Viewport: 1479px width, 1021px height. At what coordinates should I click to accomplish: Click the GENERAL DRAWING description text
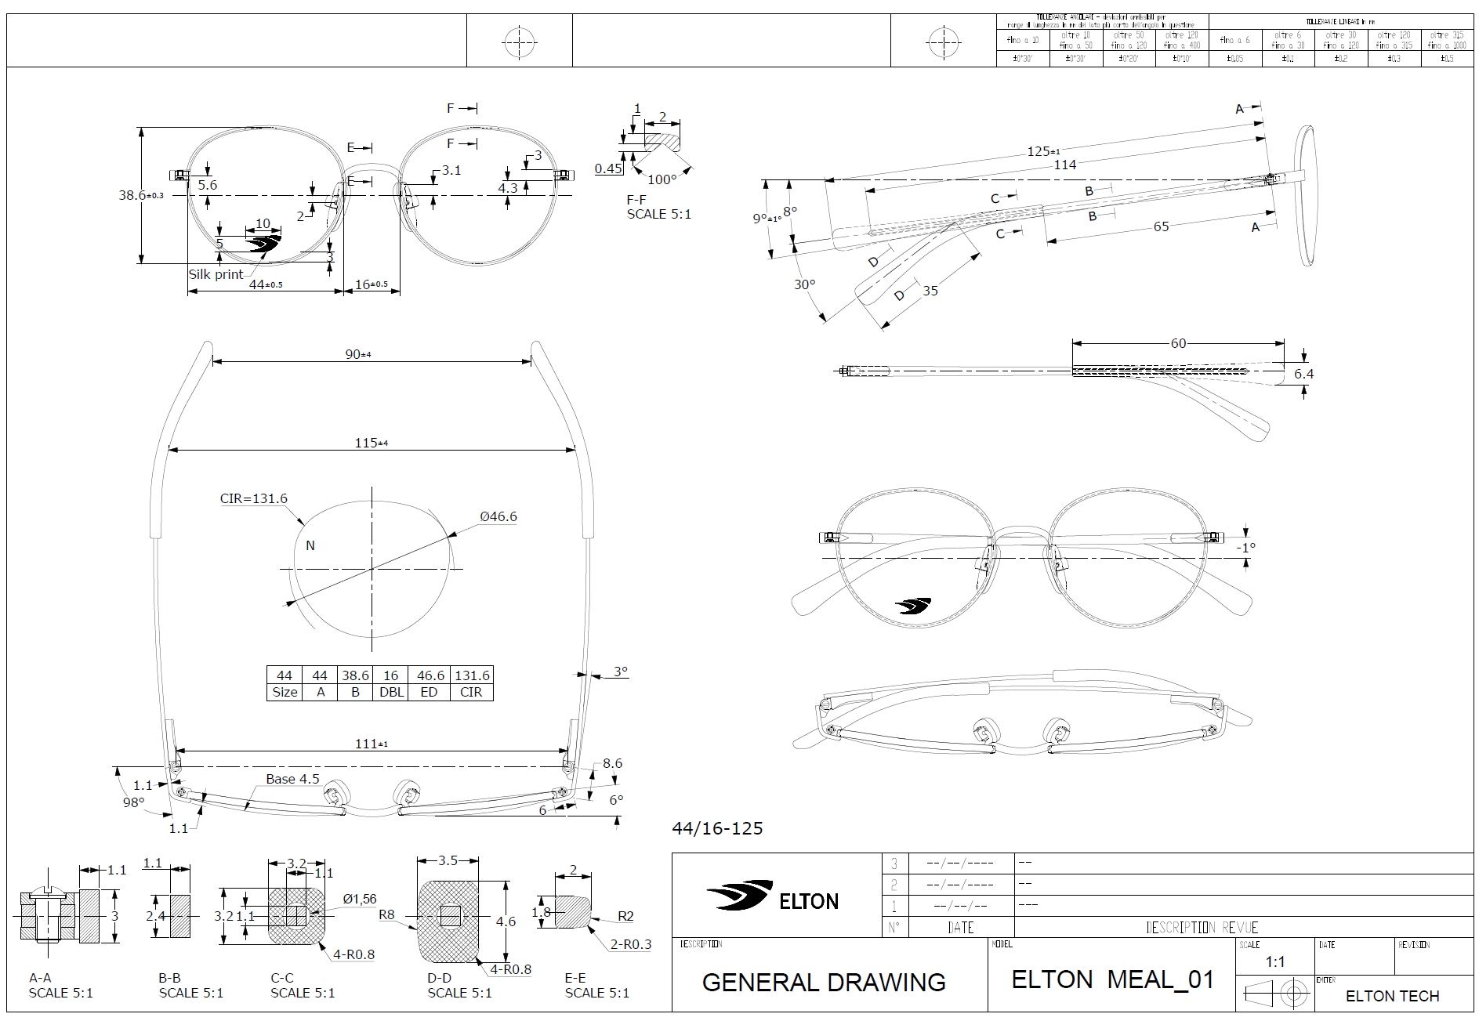[x=824, y=982]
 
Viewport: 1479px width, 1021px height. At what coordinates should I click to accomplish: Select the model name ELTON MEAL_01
[x=1112, y=979]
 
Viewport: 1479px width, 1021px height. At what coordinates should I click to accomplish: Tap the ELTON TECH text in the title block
[x=1392, y=996]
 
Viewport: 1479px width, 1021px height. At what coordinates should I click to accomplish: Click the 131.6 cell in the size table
[x=472, y=675]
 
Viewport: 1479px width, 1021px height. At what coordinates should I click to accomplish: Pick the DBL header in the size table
[x=390, y=692]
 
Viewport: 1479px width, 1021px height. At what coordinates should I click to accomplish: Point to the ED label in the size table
[x=429, y=692]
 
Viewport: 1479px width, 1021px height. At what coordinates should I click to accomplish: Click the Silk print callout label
[x=216, y=275]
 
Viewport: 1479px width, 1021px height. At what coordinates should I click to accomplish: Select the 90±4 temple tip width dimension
[x=358, y=354]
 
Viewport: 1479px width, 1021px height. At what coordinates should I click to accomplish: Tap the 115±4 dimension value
[x=372, y=443]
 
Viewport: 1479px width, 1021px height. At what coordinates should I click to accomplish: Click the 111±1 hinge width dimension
[x=372, y=744]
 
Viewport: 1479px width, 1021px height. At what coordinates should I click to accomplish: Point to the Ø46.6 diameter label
[x=498, y=516]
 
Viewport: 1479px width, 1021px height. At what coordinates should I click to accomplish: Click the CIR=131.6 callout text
[x=253, y=498]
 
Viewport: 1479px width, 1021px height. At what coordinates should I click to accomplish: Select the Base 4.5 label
[x=292, y=779]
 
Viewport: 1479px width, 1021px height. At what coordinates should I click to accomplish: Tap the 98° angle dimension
[x=133, y=802]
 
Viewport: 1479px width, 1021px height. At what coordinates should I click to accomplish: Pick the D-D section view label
[x=440, y=978]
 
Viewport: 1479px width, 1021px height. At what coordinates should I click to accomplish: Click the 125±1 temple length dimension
[x=1043, y=150]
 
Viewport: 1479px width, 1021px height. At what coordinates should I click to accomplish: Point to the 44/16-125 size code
[x=717, y=828]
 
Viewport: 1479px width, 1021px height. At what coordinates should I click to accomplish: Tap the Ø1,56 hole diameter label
[x=359, y=899]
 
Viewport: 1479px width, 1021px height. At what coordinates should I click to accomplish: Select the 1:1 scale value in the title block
[x=1275, y=962]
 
